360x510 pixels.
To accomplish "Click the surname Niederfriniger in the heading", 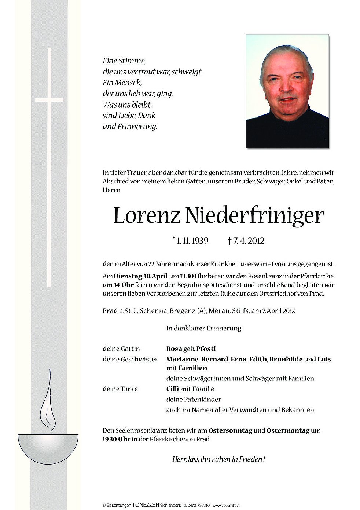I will [x=254, y=216].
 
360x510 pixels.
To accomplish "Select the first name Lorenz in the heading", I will [x=146, y=216].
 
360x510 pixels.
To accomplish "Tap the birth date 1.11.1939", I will [x=192, y=241].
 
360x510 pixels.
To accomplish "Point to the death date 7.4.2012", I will [x=248, y=241].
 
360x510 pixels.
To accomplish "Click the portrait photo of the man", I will [x=287, y=91].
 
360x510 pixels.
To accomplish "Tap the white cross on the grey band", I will [x=49, y=99].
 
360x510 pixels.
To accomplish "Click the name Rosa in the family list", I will [x=174, y=349].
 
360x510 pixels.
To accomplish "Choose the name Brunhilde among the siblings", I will [x=286, y=359].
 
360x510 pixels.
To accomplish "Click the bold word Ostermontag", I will [x=288, y=431].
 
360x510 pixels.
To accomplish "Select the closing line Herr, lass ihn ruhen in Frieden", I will [x=218, y=459].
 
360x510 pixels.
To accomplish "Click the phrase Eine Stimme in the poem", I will [x=124, y=61].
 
